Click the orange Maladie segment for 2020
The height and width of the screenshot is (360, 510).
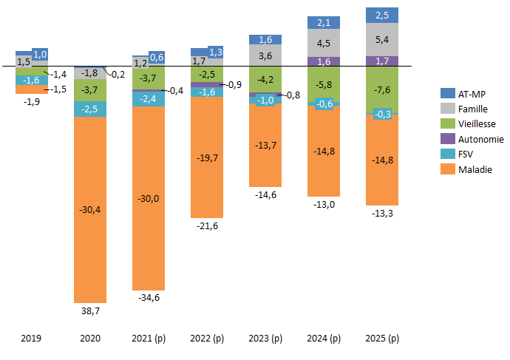(89, 208)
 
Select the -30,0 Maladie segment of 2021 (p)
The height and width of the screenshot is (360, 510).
(148, 198)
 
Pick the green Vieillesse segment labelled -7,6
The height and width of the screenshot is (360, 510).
(382, 89)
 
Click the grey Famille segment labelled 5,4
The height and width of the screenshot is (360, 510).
(382, 39)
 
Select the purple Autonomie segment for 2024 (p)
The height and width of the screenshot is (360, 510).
(324, 61)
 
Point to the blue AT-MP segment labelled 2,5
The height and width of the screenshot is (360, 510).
(382, 16)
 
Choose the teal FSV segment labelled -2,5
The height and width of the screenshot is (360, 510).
(89, 109)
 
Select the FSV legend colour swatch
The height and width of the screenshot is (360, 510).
(446, 154)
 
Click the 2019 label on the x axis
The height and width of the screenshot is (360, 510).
(31, 338)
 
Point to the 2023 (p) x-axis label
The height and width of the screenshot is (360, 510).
(265, 338)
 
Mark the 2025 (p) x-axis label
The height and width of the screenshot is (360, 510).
(382, 338)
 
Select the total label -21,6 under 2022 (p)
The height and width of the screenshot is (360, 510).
(206, 226)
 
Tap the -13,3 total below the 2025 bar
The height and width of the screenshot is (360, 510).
(382, 214)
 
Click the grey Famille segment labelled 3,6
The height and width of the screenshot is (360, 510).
(265, 55)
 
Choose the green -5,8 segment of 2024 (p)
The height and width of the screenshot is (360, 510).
(324, 85)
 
